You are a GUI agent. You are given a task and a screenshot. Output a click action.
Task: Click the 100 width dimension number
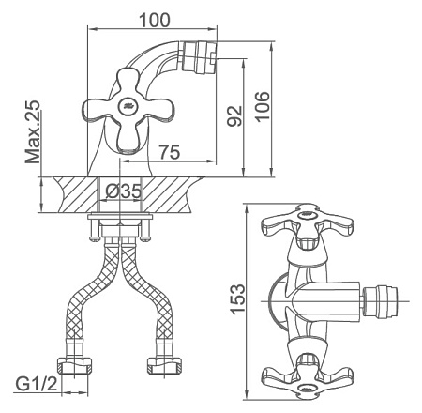pyautogui.click(x=155, y=20)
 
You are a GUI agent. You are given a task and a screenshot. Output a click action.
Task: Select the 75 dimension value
pyautogui.click(x=170, y=152)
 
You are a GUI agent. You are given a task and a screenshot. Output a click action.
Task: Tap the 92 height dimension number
pyautogui.click(x=234, y=115)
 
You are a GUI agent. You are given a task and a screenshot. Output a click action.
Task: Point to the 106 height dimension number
pyautogui.click(x=262, y=107)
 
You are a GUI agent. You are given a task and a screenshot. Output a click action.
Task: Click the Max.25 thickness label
pyautogui.click(x=33, y=131)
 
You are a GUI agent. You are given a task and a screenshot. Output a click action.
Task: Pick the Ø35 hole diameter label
pyautogui.click(x=123, y=191)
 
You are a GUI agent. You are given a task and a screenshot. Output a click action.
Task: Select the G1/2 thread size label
pyautogui.click(x=37, y=383)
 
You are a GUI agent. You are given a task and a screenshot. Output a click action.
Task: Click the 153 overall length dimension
pyautogui.click(x=237, y=298)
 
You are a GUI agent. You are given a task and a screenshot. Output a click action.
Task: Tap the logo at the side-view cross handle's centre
pyautogui.click(x=128, y=105)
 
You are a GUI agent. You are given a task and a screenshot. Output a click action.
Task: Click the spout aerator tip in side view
pyautogui.click(x=199, y=56)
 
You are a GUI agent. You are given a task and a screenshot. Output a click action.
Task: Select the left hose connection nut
pyautogui.click(x=74, y=366)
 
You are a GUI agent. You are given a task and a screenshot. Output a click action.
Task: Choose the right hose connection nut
pyautogui.click(x=165, y=365)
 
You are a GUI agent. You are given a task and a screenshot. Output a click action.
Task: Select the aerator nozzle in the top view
pyautogui.click(x=381, y=301)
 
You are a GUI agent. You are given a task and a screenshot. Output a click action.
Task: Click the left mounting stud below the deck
pyautogui.click(x=94, y=230)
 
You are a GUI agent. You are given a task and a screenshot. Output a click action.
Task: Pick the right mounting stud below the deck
pyautogui.click(x=144, y=230)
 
